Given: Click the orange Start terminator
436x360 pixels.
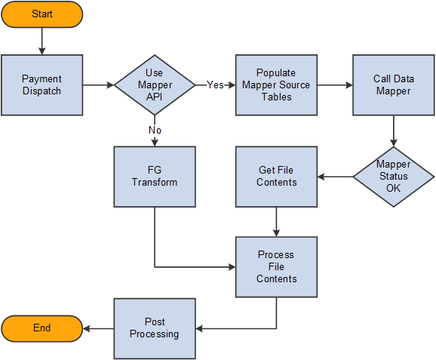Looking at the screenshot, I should [x=41, y=14].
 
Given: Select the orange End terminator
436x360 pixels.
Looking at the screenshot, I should [x=41, y=328].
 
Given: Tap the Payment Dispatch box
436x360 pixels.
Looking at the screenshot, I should [x=41, y=85].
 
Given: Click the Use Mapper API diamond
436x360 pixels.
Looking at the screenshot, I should [x=155, y=85].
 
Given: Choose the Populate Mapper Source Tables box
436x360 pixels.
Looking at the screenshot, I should [x=276, y=85].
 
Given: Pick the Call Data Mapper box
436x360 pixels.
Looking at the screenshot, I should [x=392, y=85].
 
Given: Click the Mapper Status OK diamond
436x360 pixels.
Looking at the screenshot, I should [x=393, y=177].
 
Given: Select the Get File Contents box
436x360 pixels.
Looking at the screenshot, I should [x=276, y=177].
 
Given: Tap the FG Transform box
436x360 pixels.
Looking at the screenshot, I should [x=155, y=177].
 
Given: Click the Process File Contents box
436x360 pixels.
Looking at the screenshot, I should [x=276, y=267].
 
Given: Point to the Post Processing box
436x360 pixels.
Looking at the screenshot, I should [x=155, y=328].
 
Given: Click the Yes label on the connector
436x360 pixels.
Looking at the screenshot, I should [x=216, y=85].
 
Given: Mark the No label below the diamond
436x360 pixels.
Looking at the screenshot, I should [x=155, y=130].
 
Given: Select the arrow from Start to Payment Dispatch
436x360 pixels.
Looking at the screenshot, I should [x=41, y=41].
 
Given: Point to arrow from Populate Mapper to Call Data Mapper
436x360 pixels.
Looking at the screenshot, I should [x=334, y=85].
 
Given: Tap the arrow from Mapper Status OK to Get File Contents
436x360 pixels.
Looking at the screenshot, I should [x=335, y=177].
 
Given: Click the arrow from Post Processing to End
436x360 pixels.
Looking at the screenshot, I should [x=98, y=328].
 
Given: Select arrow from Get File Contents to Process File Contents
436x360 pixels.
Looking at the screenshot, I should [x=276, y=222].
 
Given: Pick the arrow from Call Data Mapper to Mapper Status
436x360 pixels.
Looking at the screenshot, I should [x=393, y=130].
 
